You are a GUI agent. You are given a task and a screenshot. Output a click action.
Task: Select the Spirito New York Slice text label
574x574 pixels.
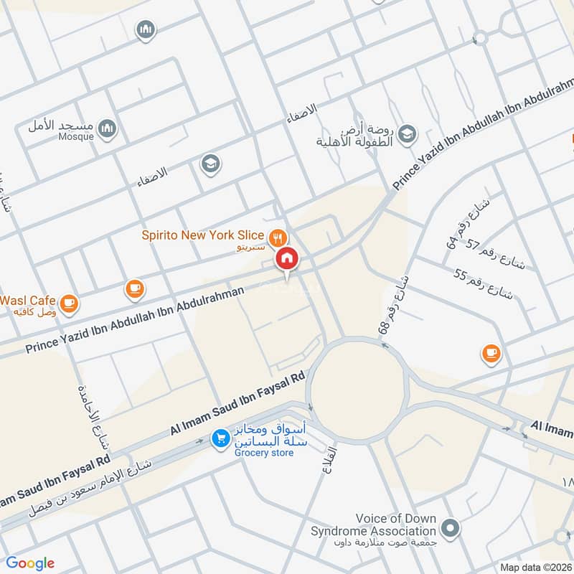pyautogui.click(x=202, y=235)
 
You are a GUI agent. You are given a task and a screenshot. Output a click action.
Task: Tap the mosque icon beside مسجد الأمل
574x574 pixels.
pyautogui.click(x=107, y=128)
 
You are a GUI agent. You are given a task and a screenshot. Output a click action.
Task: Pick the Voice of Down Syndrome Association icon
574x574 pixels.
pyautogui.click(x=450, y=529)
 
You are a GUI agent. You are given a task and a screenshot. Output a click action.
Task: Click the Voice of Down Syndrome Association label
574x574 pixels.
pyautogui.click(x=373, y=525)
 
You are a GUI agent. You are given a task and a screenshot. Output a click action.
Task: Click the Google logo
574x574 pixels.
pyautogui.click(x=30, y=563)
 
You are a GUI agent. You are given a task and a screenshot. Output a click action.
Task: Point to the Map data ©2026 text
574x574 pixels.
pyautogui.click(x=535, y=567)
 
